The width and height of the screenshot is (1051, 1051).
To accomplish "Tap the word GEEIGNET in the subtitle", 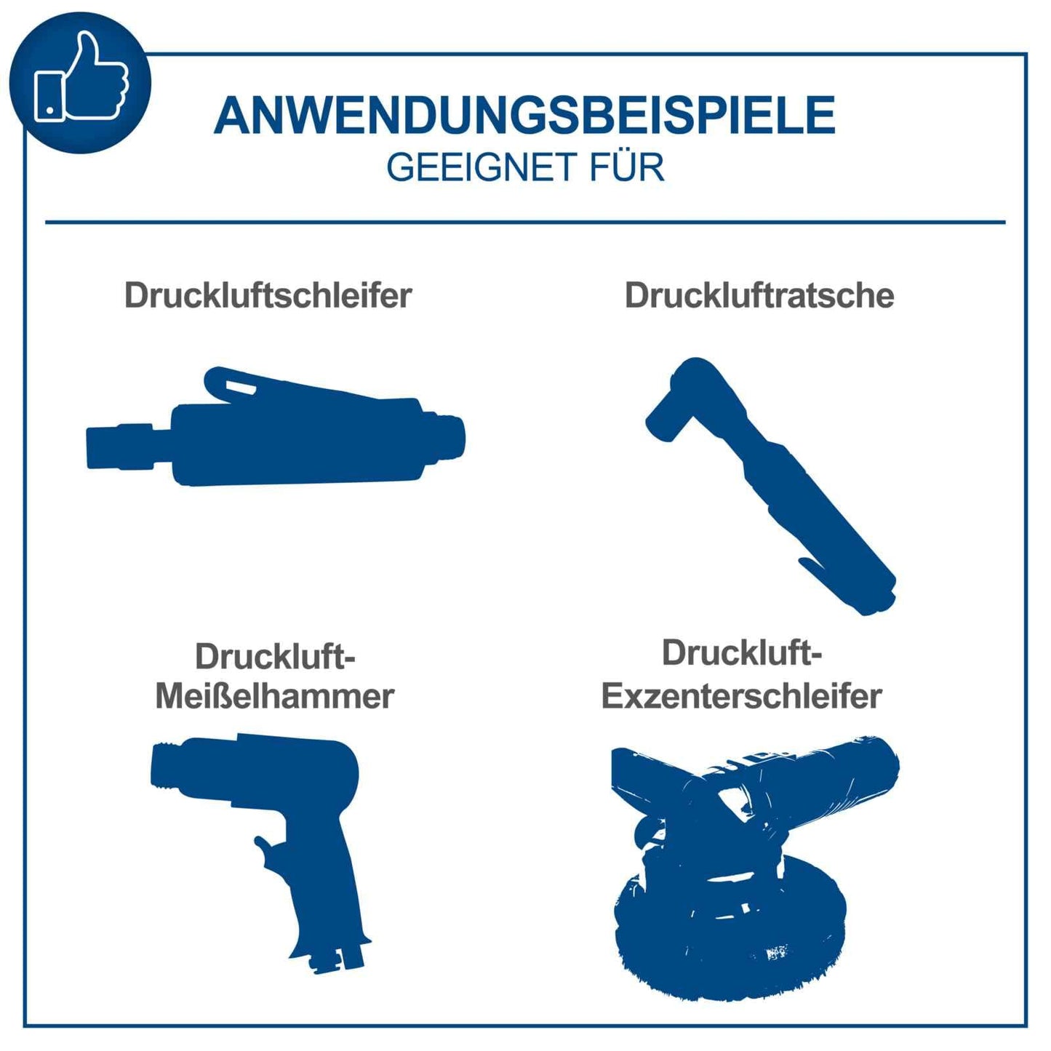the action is (474, 167).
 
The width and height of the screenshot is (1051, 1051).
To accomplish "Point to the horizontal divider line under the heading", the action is (524, 222).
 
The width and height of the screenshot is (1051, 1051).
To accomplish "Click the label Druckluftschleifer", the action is (268, 295).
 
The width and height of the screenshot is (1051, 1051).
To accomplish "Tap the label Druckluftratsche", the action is (759, 295).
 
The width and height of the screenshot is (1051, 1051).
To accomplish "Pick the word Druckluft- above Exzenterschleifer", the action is (741, 652).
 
